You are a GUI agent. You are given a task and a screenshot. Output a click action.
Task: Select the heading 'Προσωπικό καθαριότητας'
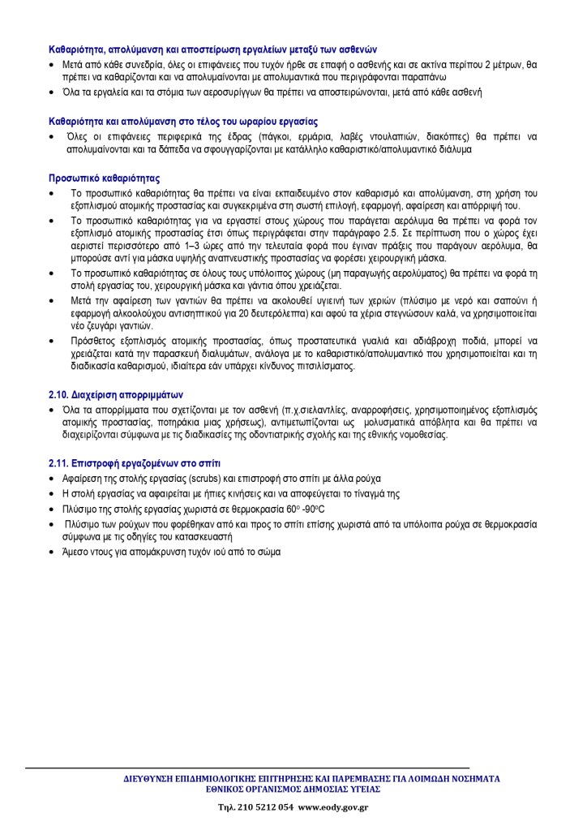click(104, 177)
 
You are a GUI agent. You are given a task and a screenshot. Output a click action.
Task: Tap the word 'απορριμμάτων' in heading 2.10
click(156, 395)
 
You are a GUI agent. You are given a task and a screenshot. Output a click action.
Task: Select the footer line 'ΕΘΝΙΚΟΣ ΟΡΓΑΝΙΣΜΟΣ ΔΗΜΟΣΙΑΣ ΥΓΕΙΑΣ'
click(293, 789)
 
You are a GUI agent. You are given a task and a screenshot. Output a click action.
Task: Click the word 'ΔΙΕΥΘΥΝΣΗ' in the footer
click(144, 778)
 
